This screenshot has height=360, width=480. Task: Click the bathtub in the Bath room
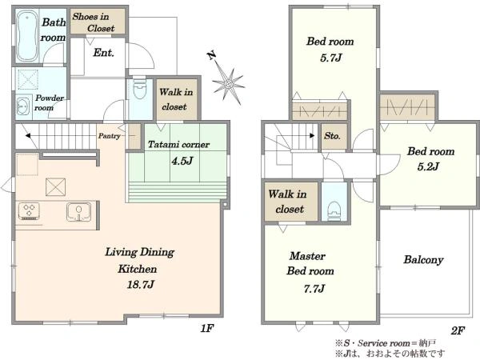27,37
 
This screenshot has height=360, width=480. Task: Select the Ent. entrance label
103,53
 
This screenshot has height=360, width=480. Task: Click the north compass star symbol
228,84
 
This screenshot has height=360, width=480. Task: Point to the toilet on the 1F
140,89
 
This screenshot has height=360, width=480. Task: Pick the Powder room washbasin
23,106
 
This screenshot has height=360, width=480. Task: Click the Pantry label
109,136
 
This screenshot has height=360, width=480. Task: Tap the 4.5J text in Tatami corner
182,161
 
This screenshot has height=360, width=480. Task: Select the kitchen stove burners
29,211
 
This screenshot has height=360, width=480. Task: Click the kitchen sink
78,211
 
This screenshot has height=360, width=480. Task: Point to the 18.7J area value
140,285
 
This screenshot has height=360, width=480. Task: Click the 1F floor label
206,329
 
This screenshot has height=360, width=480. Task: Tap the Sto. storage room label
332,136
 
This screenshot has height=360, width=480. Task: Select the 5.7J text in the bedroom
330,58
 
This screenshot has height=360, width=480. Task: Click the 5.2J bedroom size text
428,166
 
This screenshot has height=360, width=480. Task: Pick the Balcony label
423,260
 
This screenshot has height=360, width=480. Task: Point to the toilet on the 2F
334,211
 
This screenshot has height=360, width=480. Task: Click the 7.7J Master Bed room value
314,289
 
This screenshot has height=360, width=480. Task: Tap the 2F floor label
458,330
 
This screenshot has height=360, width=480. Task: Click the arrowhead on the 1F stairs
28,135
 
